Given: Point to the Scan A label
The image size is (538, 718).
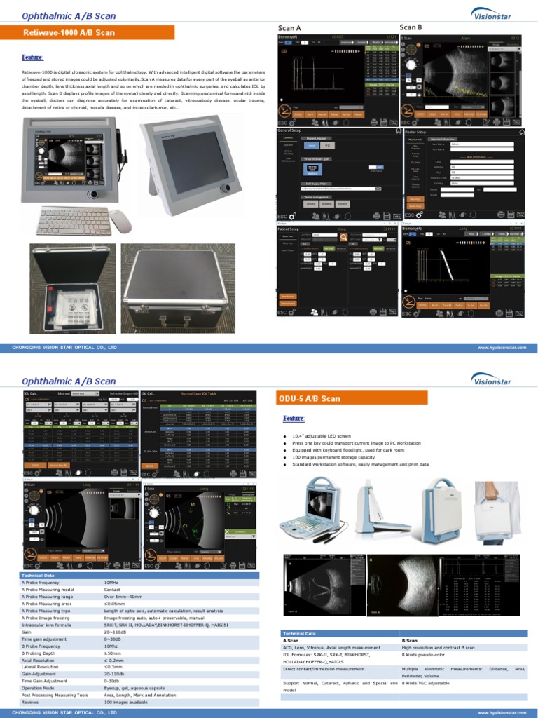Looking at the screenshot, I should click(x=289, y=28).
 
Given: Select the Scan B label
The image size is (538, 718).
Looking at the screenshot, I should click(x=411, y=27).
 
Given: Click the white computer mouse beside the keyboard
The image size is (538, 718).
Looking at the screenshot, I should click(x=120, y=222).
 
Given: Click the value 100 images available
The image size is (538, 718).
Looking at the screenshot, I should click(x=125, y=701).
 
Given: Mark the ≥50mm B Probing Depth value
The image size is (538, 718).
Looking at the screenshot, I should click(x=111, y=652).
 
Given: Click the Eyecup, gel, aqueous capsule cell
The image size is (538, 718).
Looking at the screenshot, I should click(x=135, y=687).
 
